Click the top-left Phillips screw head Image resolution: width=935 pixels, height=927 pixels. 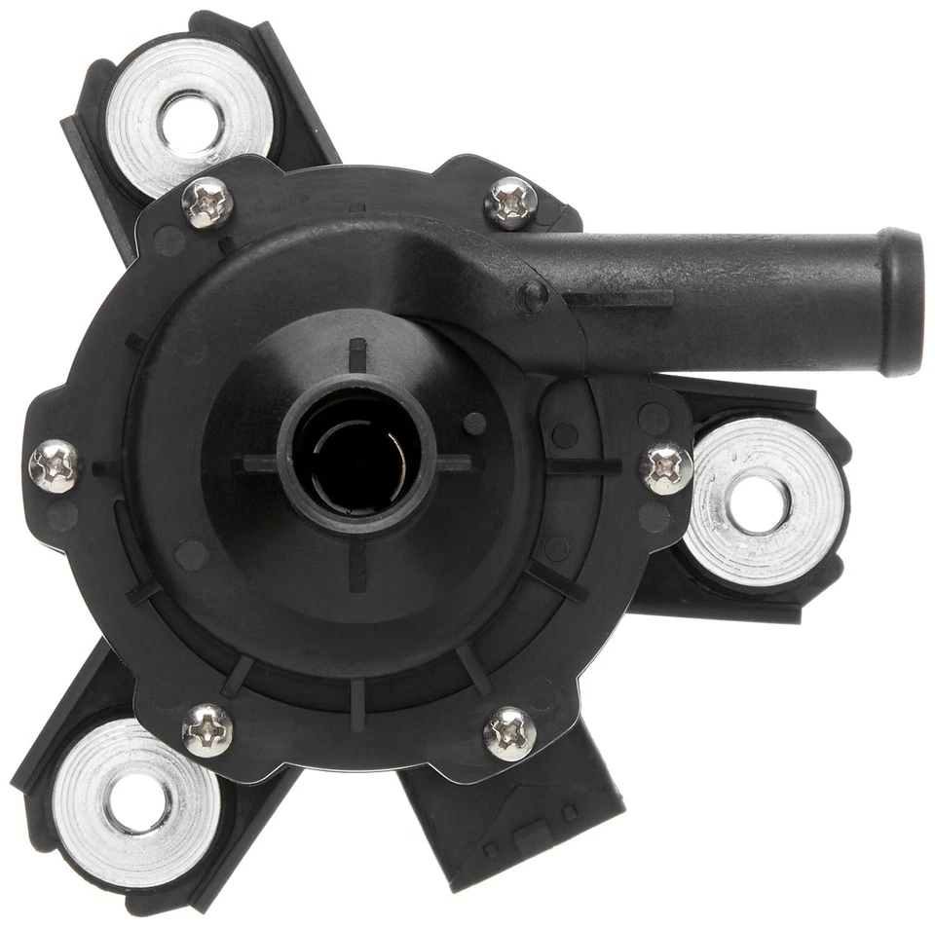pyautogui.click(x=207, y=203)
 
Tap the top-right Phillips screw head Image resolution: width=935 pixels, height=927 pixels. pyautogui.click(x=511, y=203)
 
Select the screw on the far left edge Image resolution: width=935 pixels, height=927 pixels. pyautogui.click(x=56, y=465)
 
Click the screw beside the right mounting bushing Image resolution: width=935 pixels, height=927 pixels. pyautogui.click(x=666, y=468)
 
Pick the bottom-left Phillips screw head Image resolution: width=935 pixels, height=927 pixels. pyautogui.click(x=207, y=729)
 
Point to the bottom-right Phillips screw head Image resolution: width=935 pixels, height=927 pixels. pyautogui.click(x=510, y=733)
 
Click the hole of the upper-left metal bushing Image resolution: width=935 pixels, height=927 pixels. pyautogui.click(x=191, y=124)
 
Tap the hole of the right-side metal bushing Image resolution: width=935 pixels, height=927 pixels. pyautogui.click(x=759, y=503)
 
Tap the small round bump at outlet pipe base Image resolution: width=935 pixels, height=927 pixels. pyautogui.click(x=533, y=295)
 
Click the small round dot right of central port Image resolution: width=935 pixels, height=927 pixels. pyautogui.click(x=475, y=424)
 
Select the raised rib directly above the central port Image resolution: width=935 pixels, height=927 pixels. pyautogui.click(x=357, y=354)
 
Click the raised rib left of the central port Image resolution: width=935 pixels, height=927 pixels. pyautogui.click(x=256, y=463)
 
